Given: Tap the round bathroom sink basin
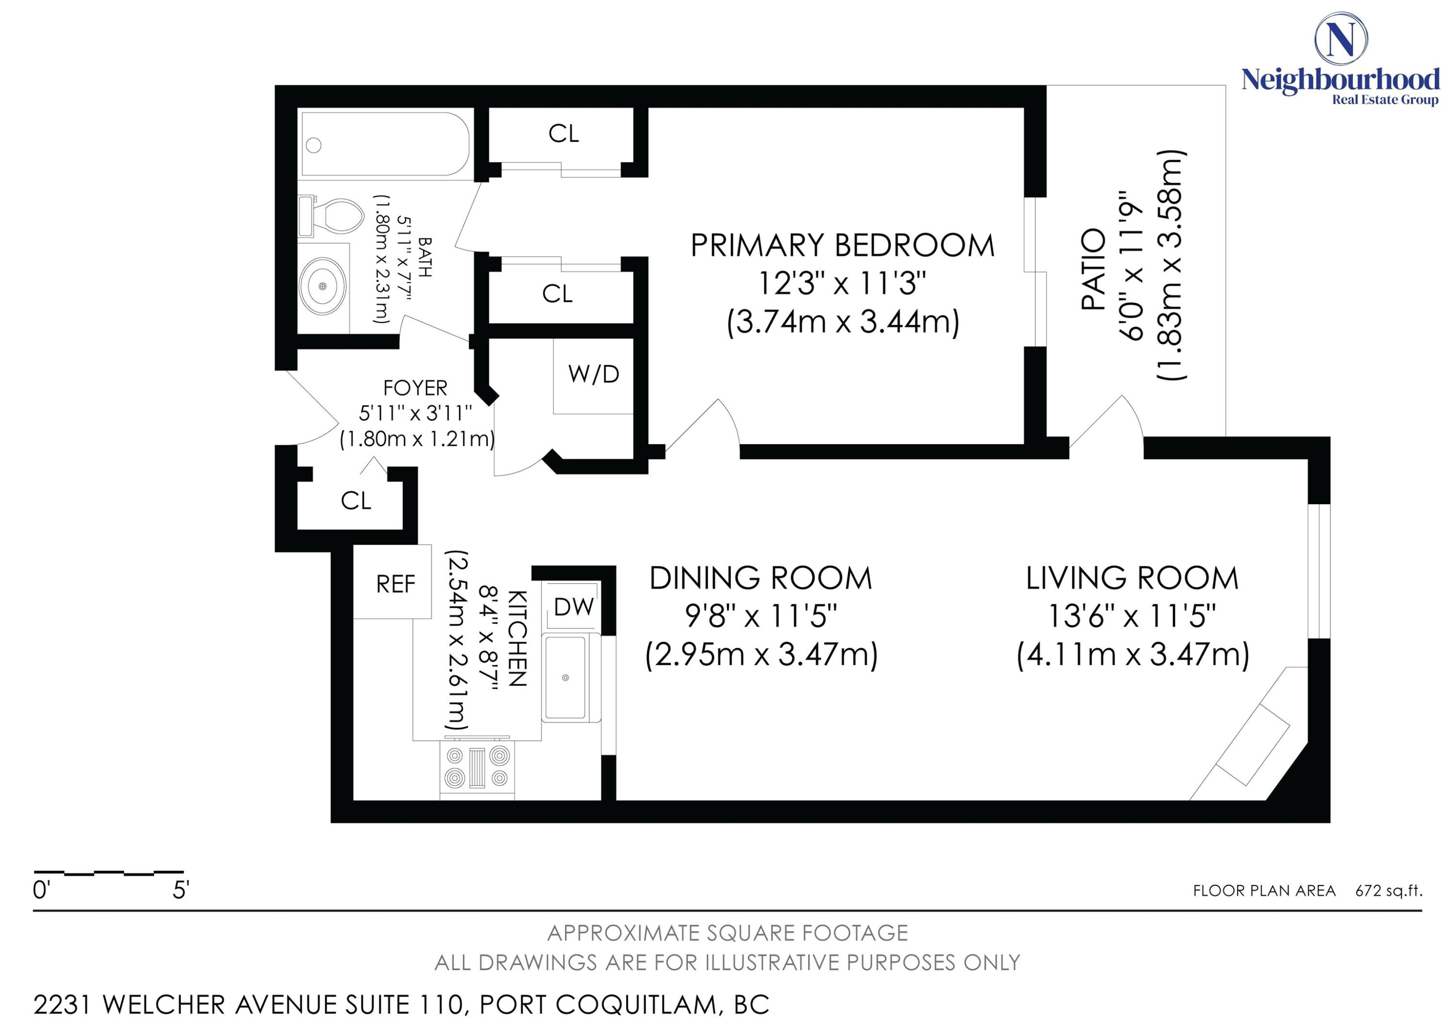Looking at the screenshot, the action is [323, 286].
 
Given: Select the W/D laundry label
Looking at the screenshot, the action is [594, 375].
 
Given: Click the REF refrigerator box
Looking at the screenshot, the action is [395, 584].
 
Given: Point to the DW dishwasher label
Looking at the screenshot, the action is [573, 607].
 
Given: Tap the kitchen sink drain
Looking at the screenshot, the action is [566, 678].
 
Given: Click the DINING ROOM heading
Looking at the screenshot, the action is [761, 578].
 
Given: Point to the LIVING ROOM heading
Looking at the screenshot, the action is [1132, 578].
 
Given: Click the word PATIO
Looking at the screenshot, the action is [1093, 269].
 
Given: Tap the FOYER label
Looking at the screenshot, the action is [415, 387].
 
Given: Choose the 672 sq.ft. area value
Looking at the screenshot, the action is [1389, 891].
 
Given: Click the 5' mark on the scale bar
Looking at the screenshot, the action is [180, 890].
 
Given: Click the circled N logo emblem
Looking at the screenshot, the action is [1341, 39].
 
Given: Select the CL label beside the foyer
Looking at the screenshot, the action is [356, 501].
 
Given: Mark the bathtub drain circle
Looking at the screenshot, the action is [313, 145].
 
